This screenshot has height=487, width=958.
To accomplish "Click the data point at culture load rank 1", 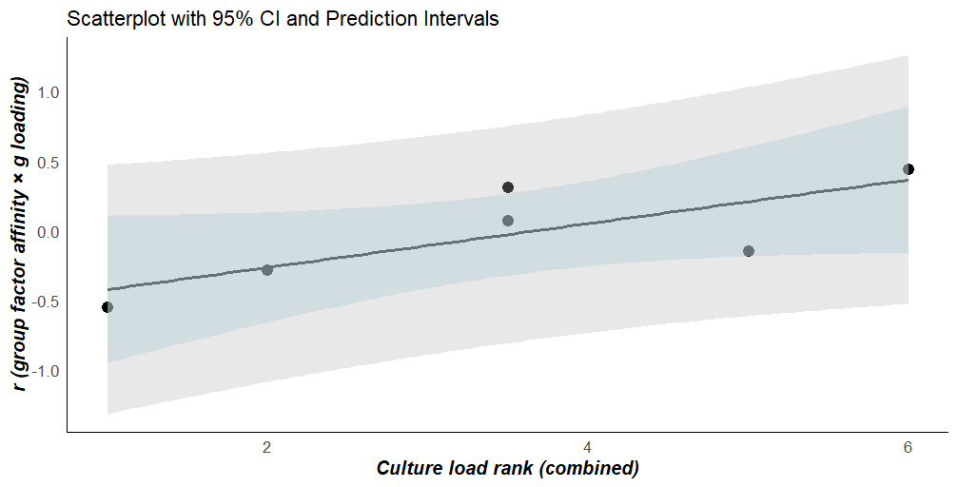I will (108, 307).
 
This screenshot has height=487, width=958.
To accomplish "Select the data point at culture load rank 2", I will (267, 270).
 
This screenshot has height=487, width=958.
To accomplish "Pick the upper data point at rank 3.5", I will (508, 187).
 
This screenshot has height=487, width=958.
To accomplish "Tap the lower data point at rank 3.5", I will (508, 221).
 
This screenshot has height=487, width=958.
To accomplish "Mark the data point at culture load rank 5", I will (749, 251).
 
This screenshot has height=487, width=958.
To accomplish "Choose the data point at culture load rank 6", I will (909, 169).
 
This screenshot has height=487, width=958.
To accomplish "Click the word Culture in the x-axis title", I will (407, 469).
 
